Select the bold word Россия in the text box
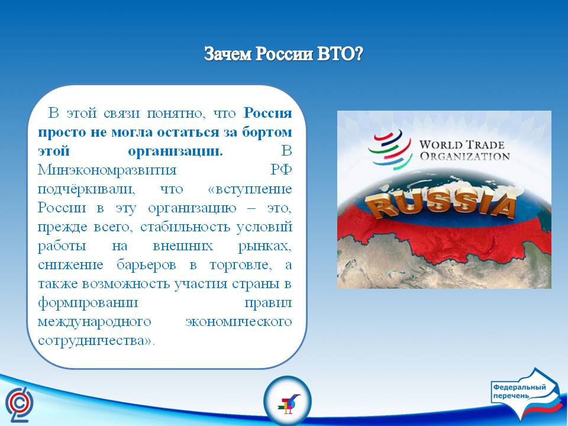(267, 113)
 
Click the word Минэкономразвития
(107, 170)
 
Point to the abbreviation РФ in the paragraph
(282, 170)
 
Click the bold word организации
(175, 151)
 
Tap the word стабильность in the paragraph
(185, 227)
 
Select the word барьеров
(146, 265)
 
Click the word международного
(94, 322)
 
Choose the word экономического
(238, 322)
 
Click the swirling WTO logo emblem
(390, 150)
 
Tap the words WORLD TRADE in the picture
(462, 145)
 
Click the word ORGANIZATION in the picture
(465, 156)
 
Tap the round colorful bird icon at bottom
(288, 401)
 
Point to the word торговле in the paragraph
(241, 265)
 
